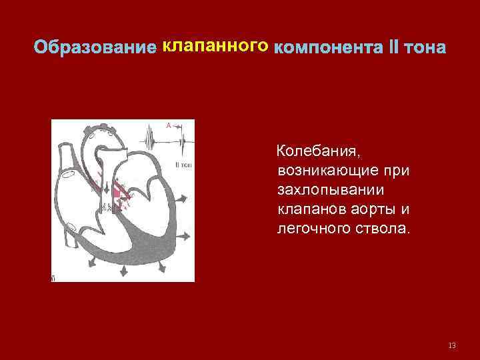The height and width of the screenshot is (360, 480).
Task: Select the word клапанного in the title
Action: (215, 46)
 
